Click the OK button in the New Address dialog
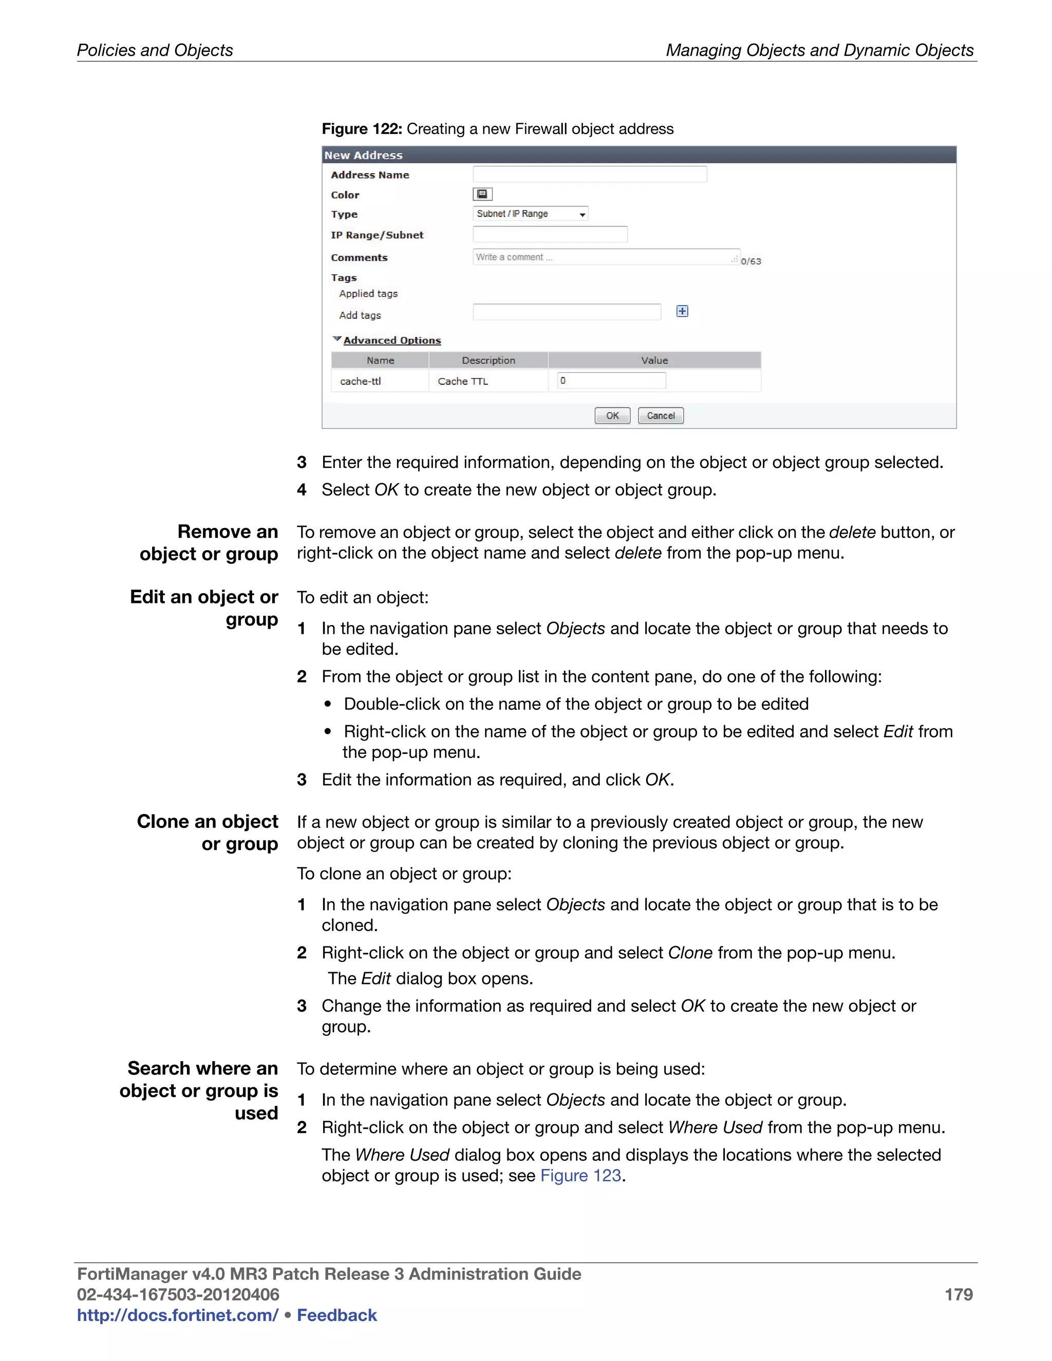click(x=612, y=415)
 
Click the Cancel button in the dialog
click(x=661, y=415)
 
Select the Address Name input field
click(x=590, y=174)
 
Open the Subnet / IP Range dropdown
click(x=530, y=214)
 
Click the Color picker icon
click(x=482, y=195)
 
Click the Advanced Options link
click(x=392, y=340)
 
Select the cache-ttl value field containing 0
click(x=611, y=381)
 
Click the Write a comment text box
click(x=605, y=257)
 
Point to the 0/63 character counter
click(x=751, y=262)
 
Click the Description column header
click(x=488, y=360)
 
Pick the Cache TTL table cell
click(x=463, y=382)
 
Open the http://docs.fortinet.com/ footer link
click(x=178, y=1315)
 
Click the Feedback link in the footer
click(x=336, y=1315)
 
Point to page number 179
click(x=958, y=1294)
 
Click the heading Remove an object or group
click(x=209, y=543)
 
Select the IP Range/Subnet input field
click(x=550, y=235)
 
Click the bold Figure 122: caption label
click(x=362, y=129)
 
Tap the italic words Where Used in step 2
click(x=715, y=1127)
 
